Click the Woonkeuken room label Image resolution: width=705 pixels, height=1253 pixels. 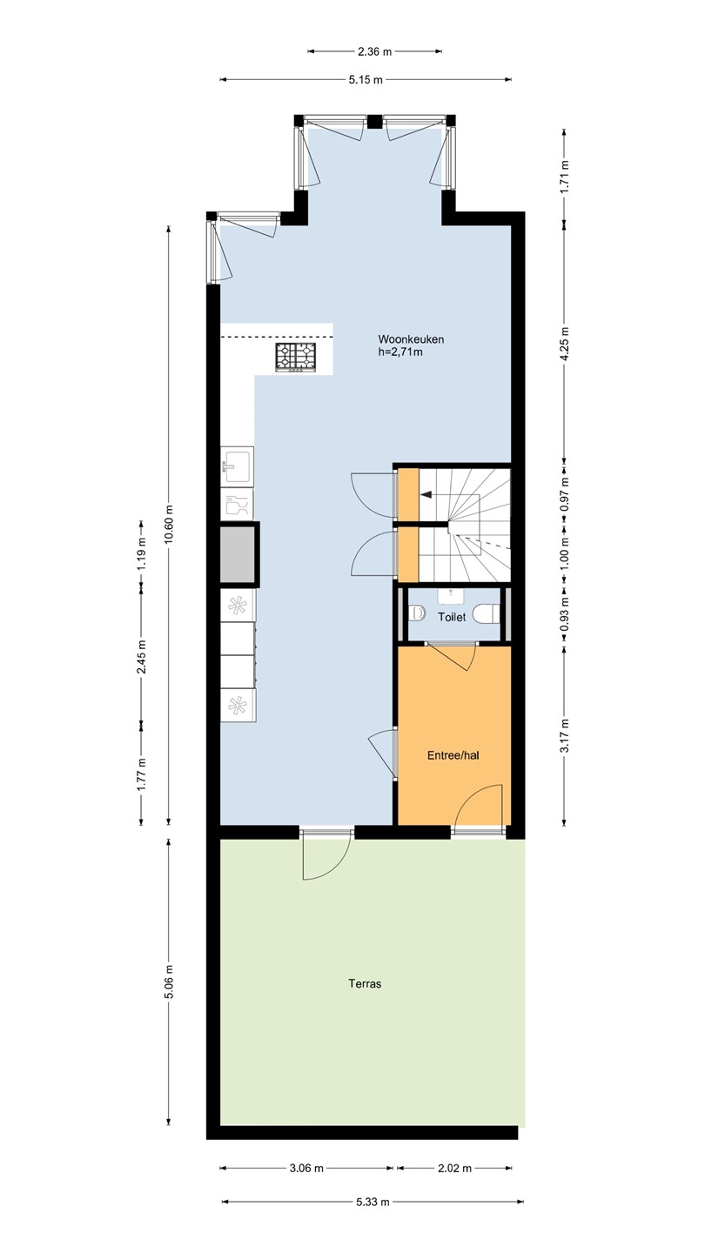pyautogui.click(x=411, y=339)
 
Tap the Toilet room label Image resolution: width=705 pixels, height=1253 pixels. pyautogui.click(x=452, y=618)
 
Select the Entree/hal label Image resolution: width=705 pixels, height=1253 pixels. pyautogui.click(x=453, y=755)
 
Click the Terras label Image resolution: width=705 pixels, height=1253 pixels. pyautogui.click(x=365, y=983)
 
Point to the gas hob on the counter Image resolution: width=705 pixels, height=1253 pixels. pyautogui.click(x=294, y=357)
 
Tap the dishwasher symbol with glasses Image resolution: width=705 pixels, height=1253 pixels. pyautogui.click(x=238, y=505)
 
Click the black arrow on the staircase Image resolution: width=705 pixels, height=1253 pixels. pyautogui.click(x=426, y=494)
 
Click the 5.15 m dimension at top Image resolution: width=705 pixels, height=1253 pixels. pyautogui.click(x=366, y=80)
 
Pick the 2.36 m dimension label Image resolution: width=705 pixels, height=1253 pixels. pyautogui.click(x=375, y=52)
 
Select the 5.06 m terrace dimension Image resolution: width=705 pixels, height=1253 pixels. pyautogui.click(x=170, y=982)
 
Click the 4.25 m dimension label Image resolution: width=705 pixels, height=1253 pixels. pyautogui.click(x=565, y=343)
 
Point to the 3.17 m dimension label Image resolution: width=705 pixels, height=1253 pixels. pyautogui.click(x=565, y=735)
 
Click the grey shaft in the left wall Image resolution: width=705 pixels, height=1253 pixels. pyautogui.click(x=238, y=554)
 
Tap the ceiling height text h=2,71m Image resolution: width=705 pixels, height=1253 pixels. pyautogui.click(x=400, y=352)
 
